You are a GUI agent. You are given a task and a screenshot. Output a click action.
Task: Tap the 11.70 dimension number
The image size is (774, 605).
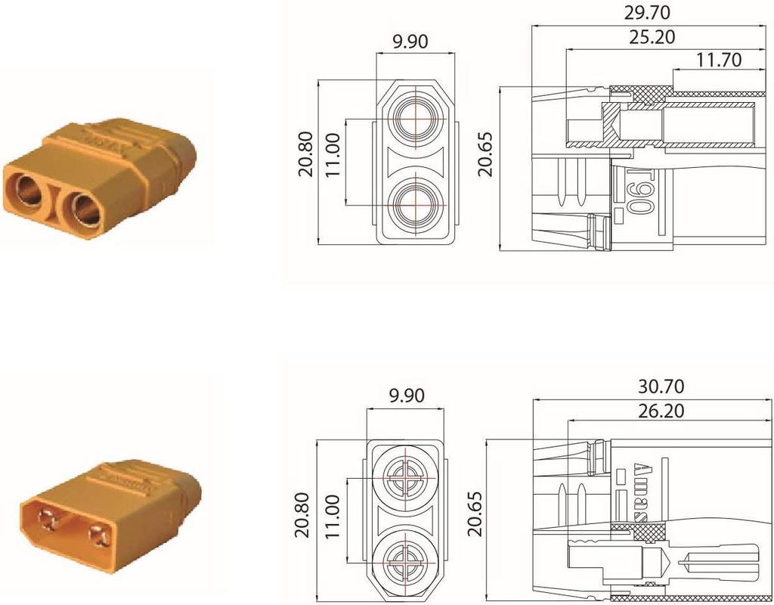[714, 59]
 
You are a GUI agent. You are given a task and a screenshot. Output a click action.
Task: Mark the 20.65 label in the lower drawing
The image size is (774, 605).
[475, 518]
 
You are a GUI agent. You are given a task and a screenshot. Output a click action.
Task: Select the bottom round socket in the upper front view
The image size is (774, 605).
[416, 204]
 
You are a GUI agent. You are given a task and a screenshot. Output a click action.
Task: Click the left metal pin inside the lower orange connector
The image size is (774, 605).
[49, 520]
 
